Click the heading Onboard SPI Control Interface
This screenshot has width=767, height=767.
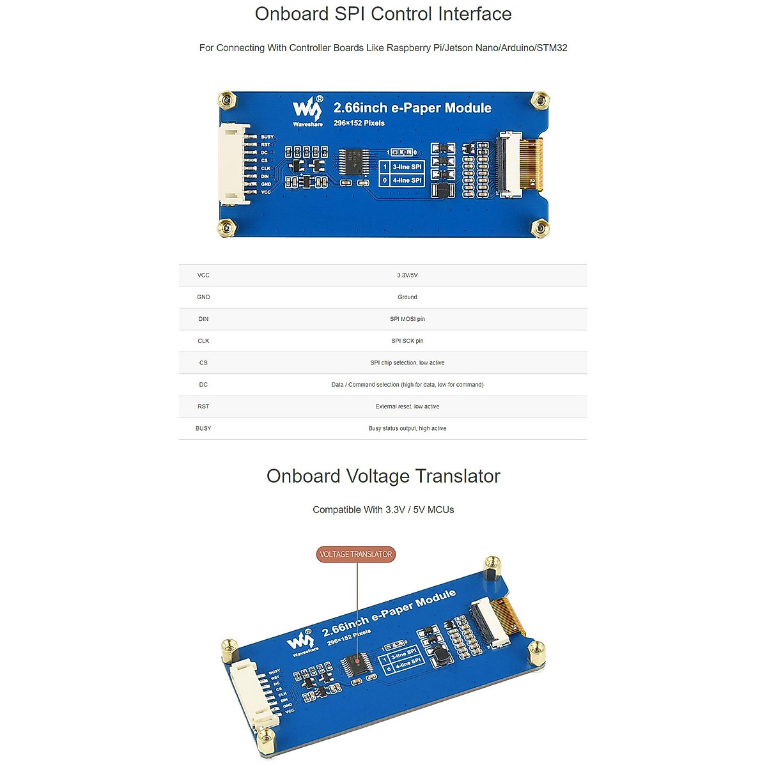coord(383,14)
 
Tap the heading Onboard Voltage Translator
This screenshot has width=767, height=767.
coord(383,476)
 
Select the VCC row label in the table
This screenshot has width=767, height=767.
coord(203,275)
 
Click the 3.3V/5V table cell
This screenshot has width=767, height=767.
coord(407,275)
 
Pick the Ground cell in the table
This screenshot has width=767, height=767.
coord(407,297)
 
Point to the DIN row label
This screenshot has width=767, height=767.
coord(203,319)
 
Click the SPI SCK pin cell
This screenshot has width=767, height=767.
coord(407,341)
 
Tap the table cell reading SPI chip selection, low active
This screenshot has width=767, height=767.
coord(407,363)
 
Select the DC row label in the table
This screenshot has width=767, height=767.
coord(203,385)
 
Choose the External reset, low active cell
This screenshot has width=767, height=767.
coord(407,407)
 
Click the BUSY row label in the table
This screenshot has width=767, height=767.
coord(203,428)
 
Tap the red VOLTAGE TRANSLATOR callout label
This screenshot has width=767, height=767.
coord(356,554)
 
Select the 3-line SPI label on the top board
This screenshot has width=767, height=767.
coord(407,167)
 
